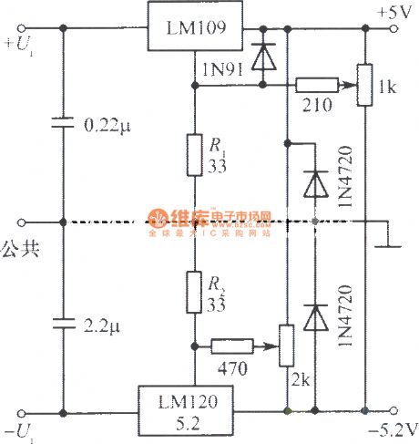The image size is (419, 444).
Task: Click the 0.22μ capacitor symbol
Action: pos(62,124)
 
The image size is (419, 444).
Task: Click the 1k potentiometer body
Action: pos(364,84)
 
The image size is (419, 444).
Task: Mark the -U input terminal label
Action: pos(20,429)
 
